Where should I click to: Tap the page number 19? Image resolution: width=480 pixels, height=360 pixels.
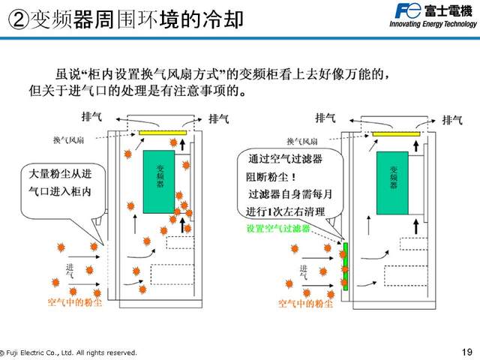pyautogui.click(x=467, y=352)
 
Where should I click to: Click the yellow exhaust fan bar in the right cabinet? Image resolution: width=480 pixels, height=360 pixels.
pyautogui.click(x=395, y=133)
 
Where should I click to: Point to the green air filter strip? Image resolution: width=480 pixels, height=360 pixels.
pyautogui.click(x=345, y=265)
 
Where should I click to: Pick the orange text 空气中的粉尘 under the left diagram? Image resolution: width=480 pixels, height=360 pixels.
pyautogui.click(x=74, y=303)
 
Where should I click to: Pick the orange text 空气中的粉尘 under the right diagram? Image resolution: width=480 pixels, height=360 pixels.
pyautogui.click(x=304, y=304)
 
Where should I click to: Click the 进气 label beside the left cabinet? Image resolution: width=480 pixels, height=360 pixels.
pyautogui.click(x=70, y=272)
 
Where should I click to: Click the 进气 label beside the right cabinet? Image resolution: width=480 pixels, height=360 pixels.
pyautogui.click(x=304, y=272)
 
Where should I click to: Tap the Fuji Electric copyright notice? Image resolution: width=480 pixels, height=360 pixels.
pyautogui.click(x=69, y=352)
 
